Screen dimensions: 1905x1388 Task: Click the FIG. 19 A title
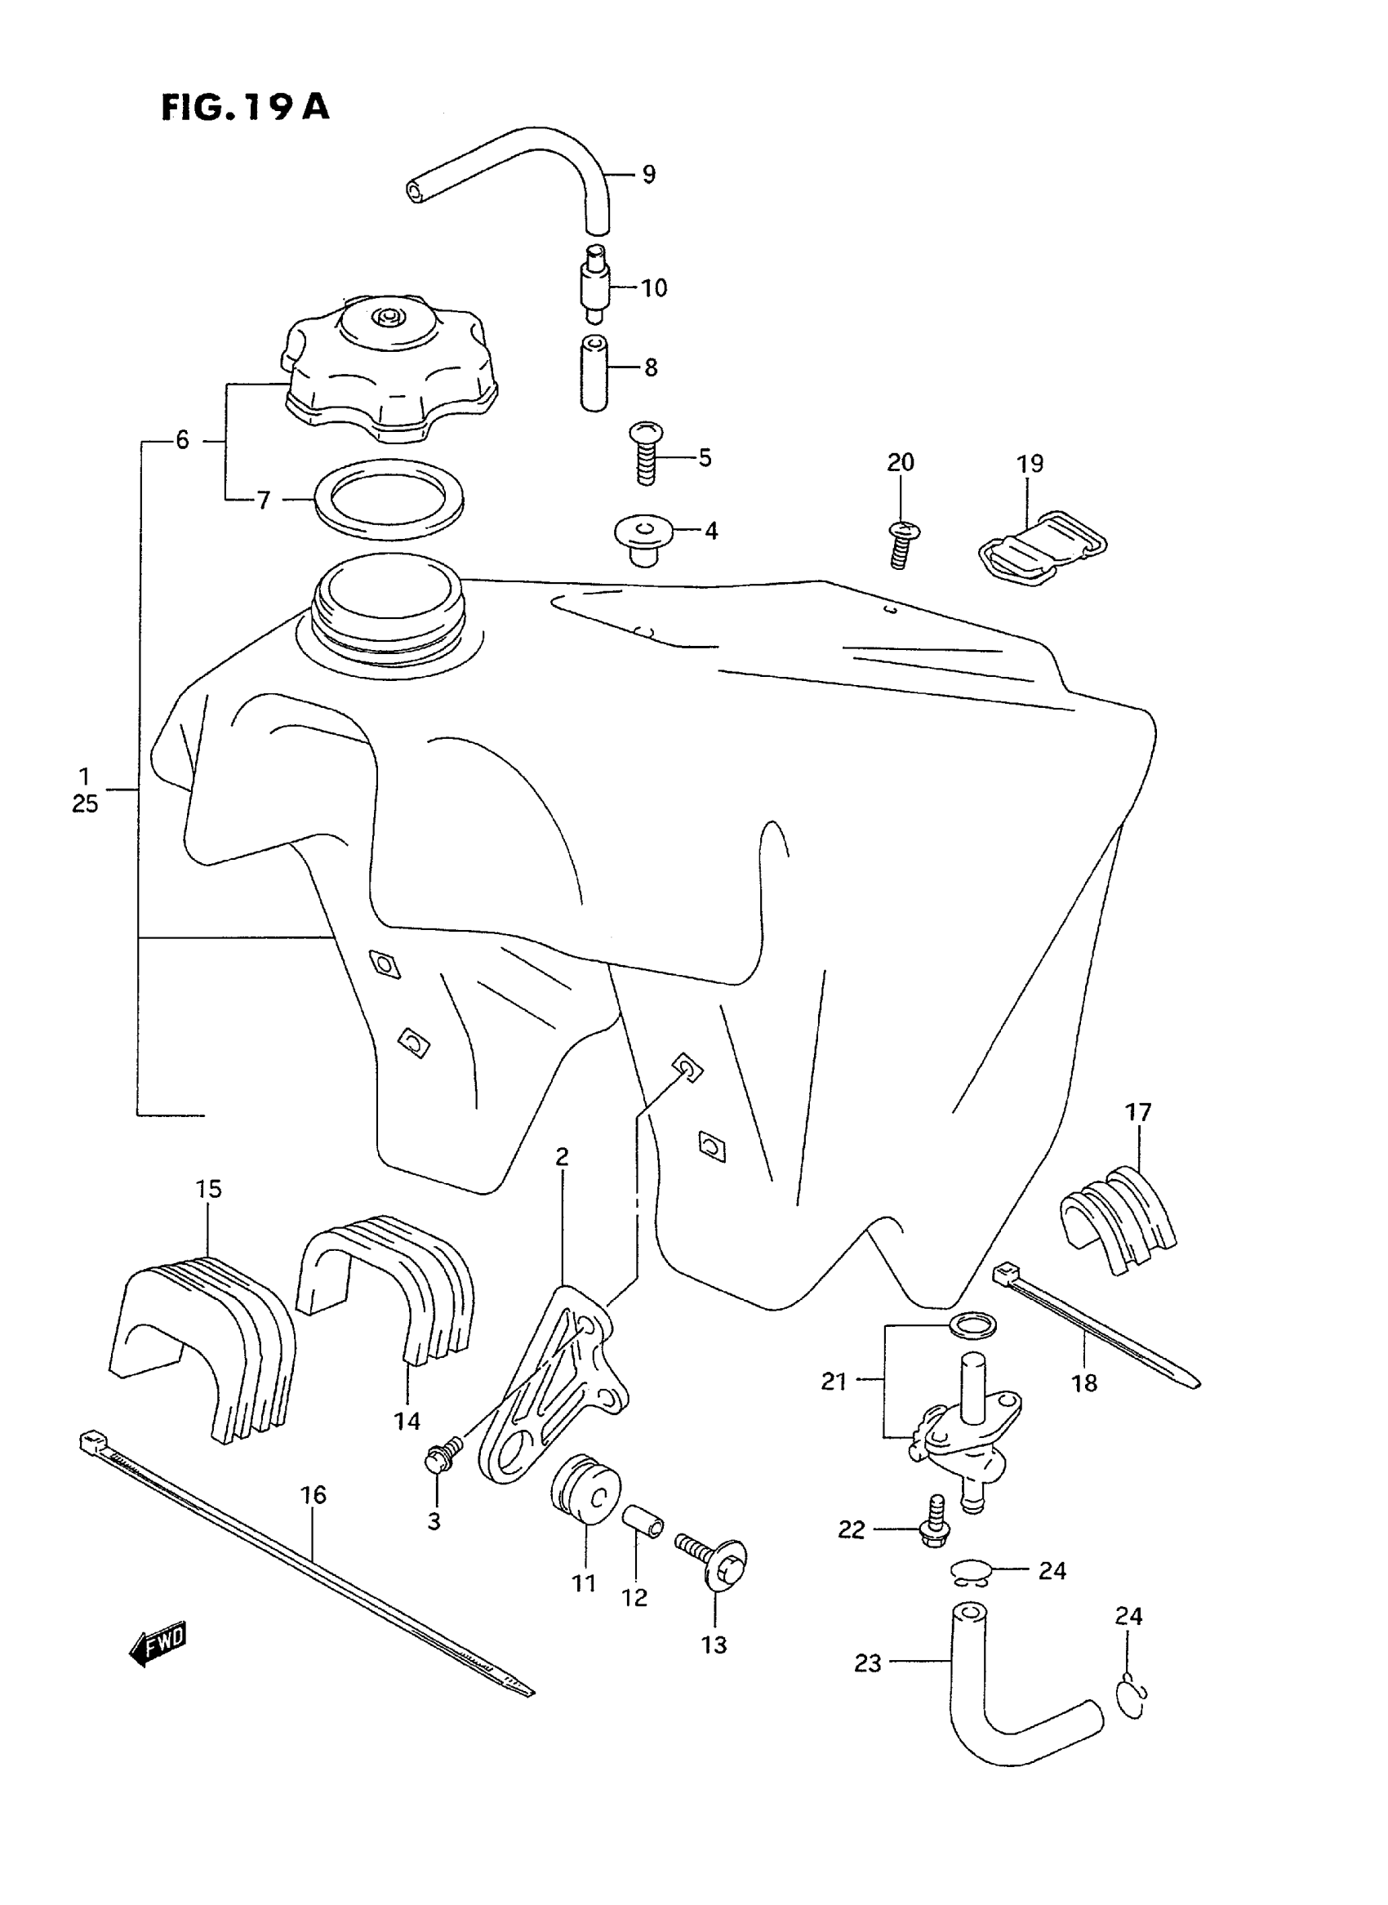[x=244, y=108]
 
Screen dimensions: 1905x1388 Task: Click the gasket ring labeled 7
[x=388, y=499]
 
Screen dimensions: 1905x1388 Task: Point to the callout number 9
[x=648, y=174]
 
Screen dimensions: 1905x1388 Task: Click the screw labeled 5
[x=646, y=454]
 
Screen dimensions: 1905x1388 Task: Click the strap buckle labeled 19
[x=1042, y=547]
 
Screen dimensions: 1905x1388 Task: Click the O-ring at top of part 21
[x=974, y=1326]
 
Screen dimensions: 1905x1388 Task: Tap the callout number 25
[x=85, y=804]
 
